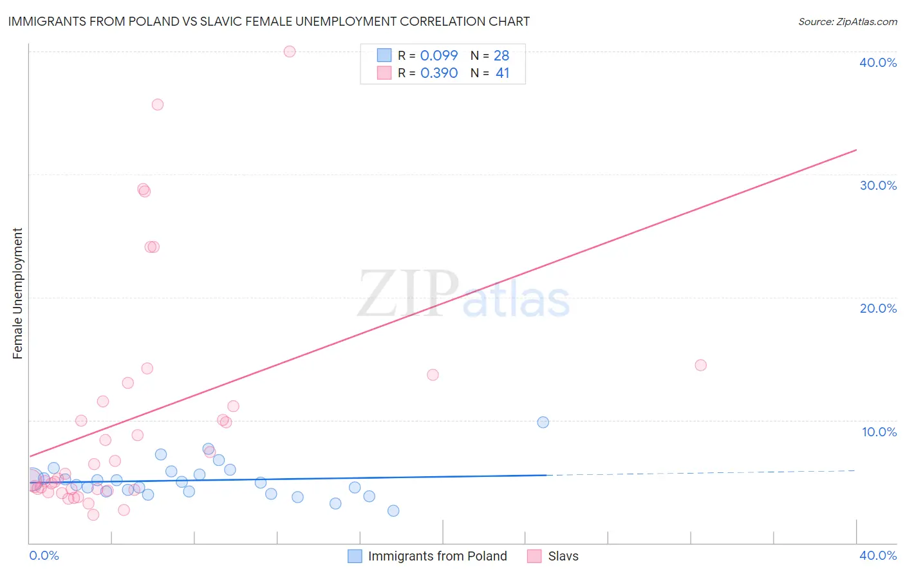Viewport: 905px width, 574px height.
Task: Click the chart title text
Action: [269, 21]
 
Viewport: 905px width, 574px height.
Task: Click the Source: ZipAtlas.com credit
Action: [847, 21]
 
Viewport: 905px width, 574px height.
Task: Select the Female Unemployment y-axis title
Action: [17, 293]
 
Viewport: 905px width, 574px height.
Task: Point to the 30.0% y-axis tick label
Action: [878, 185]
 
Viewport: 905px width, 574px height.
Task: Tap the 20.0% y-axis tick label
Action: [878, 308]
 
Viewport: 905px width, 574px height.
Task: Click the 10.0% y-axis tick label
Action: [879, 432]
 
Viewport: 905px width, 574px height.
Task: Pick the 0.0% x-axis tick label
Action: [44, 555]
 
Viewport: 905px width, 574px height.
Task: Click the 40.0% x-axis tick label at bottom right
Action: [878, 555]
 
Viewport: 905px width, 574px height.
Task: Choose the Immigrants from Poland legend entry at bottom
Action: [437, 556]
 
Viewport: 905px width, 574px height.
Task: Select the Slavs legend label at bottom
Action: [563, 556]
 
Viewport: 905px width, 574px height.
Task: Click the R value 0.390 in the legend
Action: [439, 73]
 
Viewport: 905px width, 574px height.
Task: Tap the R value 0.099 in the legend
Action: [439, 55]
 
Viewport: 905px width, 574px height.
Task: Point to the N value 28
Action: [501, 55]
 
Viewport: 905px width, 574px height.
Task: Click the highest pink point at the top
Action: [290, 51]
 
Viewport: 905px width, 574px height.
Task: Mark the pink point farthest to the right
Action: [701, 365]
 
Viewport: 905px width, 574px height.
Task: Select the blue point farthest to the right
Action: [543, 422]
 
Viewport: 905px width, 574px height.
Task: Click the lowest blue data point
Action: [393, 510]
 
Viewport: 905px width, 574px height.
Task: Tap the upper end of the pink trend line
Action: [856, 150]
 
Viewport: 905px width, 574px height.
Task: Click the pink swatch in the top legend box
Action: [384, 73]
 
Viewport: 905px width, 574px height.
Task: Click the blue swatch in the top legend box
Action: [384, 55]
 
